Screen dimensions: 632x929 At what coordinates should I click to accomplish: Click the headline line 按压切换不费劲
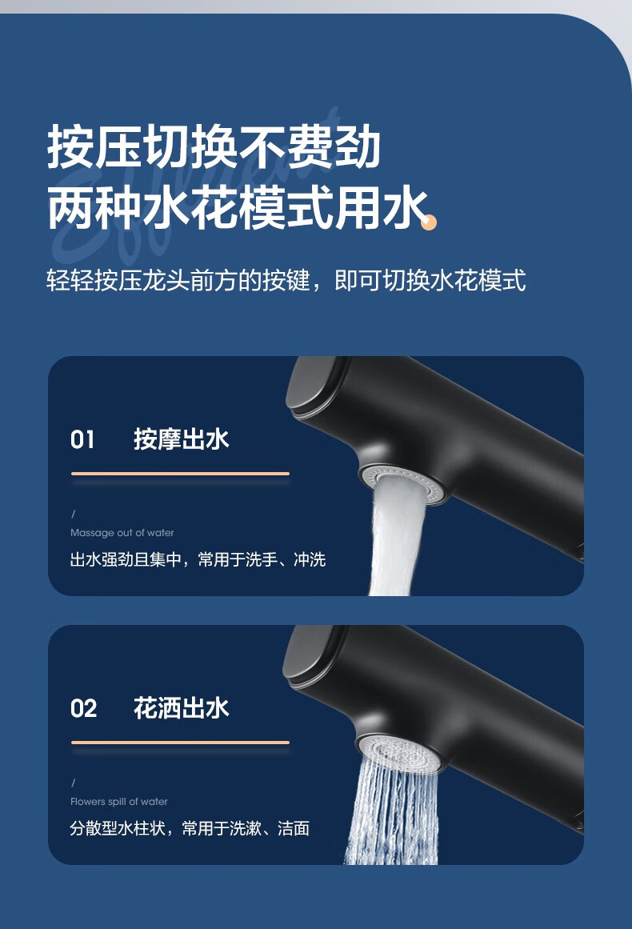point(214,146)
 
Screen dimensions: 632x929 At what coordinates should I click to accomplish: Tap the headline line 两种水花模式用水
point(238,208)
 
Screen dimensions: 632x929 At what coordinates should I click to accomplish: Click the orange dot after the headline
point(430,222)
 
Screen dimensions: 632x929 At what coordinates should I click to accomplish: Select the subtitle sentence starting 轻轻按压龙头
point(286,280)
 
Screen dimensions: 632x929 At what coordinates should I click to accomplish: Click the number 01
point(82,440)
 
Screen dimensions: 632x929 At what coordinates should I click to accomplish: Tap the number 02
point(83,709)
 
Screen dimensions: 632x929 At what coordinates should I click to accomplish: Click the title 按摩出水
point(182,439)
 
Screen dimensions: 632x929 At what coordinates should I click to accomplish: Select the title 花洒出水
point(182,708)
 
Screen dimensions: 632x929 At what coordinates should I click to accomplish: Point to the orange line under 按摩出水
point(180,474)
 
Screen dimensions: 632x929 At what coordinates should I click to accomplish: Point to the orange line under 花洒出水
point(180,742)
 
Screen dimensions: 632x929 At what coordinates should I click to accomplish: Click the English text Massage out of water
point(122,533)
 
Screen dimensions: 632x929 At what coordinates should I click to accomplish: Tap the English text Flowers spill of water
point(119,802)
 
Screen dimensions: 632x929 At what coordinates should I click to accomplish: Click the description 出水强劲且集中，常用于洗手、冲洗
point(198,559)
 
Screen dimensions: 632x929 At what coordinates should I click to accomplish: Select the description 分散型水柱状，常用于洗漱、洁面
point(190,827)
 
